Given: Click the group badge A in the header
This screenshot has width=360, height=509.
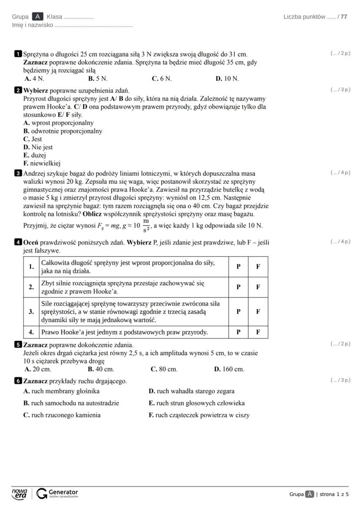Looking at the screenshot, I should click(38, 17).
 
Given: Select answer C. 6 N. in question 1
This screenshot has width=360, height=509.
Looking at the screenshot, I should click(161, 79).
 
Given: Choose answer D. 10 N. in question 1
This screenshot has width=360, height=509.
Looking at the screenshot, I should click(227, 79).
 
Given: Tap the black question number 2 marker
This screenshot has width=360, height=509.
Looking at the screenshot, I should click(18, 90).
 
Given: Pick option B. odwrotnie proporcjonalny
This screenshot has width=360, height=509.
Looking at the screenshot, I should click(63, 131).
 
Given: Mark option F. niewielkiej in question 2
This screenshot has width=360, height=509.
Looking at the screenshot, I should click(42, 163).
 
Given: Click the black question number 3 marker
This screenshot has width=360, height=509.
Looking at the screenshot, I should click(18, 173).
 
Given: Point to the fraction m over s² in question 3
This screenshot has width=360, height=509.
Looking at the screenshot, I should click(146, 225).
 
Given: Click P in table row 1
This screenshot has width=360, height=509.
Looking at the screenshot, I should click(238, 266).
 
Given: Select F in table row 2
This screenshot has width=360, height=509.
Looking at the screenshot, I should click(258, 287).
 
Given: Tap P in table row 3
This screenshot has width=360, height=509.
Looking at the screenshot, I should click(238, 311).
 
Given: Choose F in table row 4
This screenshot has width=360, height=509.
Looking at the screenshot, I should click(258, 332).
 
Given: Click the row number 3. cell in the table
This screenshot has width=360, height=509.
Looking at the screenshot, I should click(31, 311).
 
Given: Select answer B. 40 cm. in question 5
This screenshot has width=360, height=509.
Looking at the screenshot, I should click(101, 369).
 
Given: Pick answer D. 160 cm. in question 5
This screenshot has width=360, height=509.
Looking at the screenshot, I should click(229, 369).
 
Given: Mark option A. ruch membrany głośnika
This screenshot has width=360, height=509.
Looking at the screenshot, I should click(61, 391).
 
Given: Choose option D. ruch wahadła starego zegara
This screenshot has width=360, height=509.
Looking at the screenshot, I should click(191, 391).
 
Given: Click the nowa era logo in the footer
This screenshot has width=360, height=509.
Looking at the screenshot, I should click(19, 493).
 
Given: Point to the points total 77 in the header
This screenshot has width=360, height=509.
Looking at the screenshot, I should click(344, 17).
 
